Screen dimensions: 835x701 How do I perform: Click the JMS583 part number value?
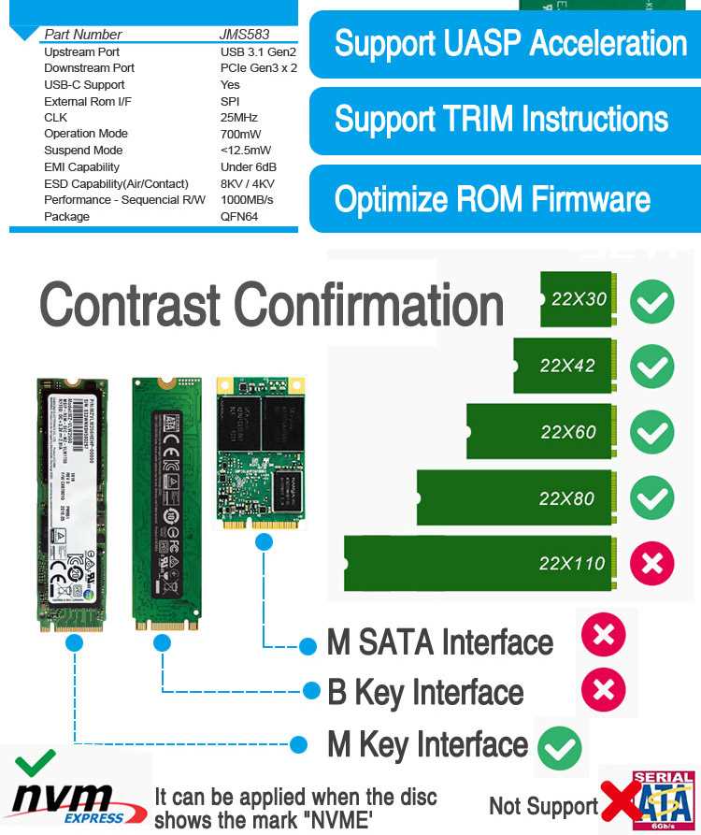(244, 35)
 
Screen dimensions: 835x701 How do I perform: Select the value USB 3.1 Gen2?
(258, 51)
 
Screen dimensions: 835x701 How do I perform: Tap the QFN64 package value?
(238, 216)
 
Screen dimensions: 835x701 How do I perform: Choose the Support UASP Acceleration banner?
(509, 44)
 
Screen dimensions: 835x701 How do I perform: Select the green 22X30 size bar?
(576, 299)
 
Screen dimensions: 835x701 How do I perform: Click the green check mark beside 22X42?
(651, 366)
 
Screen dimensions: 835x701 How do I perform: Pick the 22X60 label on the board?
(567, 432)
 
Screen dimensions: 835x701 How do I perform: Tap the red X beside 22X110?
(651, 563)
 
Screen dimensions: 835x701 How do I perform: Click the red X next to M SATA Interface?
(603, 636)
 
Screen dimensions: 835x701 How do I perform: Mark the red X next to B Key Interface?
(603, 691)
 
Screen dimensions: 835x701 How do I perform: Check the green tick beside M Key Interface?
(560, 747)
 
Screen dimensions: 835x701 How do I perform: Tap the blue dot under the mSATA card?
(265, 541)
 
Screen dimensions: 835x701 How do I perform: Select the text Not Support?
(543, 806)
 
